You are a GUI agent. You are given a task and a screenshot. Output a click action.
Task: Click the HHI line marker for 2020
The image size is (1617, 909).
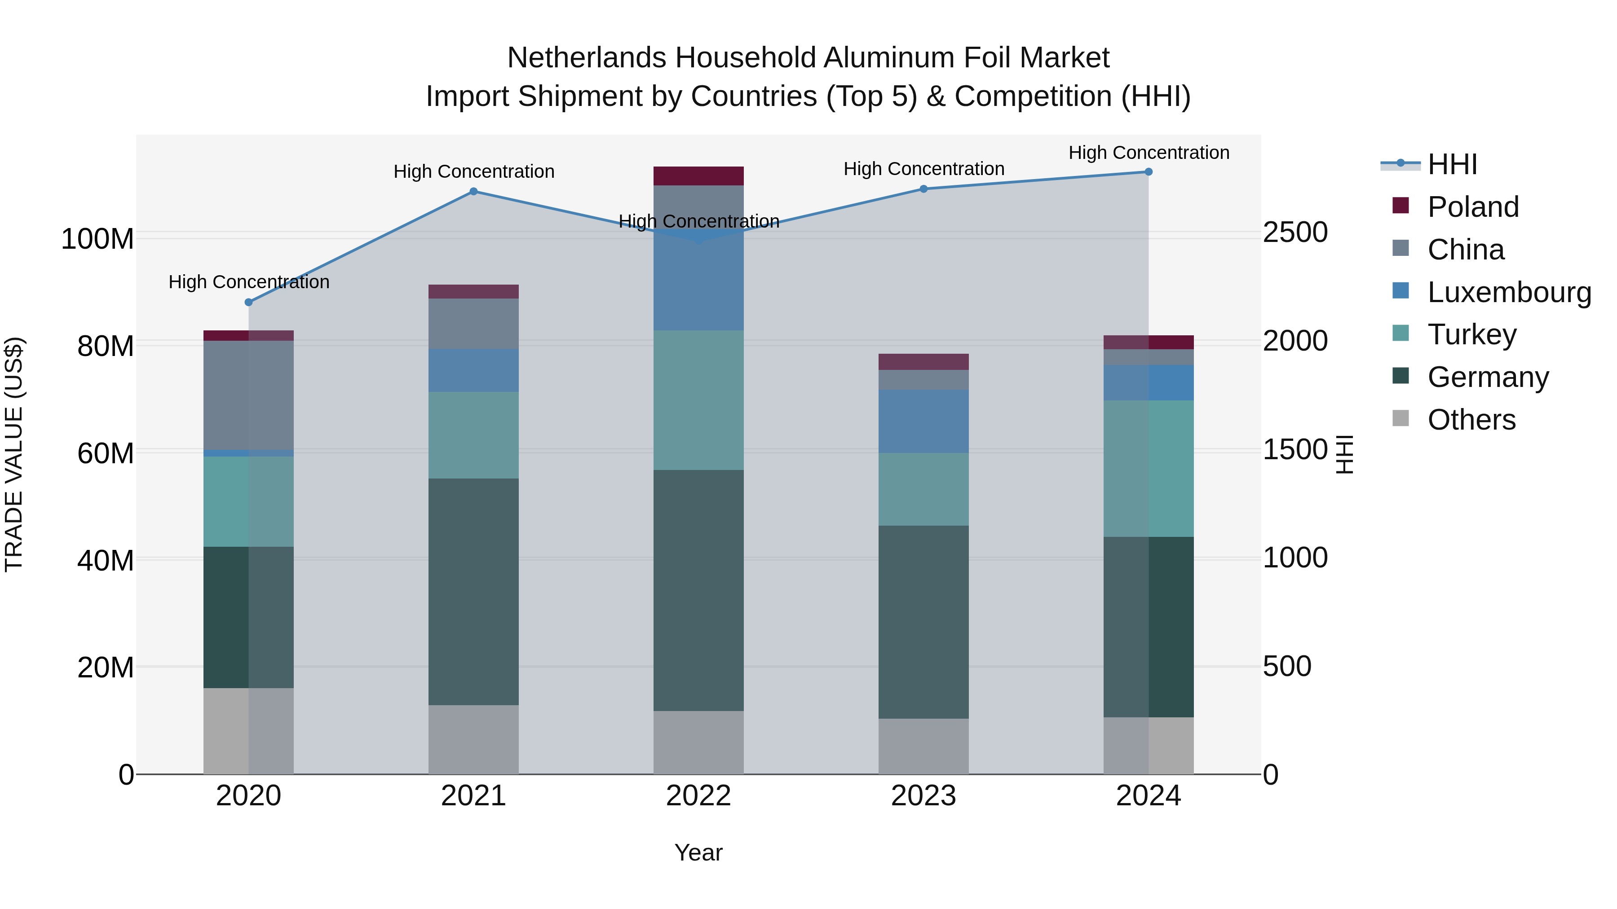point(248,303)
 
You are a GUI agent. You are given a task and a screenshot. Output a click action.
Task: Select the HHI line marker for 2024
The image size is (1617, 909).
point(1148,172)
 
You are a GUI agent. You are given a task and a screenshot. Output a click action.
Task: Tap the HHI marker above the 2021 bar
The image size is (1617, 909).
point(473,191)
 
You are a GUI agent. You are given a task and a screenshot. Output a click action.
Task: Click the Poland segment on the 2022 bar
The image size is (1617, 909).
point(698,176)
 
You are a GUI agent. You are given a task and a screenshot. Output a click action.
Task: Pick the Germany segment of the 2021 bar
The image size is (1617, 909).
point(473,592)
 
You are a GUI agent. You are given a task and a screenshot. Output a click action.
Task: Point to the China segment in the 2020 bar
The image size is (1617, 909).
point(248,395)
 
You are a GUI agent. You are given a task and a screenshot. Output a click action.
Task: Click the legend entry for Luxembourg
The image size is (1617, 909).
point(1509,292)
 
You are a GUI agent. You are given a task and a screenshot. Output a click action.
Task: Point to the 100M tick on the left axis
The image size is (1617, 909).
point(97,239)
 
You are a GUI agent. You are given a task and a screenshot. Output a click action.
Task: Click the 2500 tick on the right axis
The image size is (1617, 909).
point(1295,232)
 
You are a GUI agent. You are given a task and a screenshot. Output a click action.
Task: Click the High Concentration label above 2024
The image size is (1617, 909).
point(1148,153)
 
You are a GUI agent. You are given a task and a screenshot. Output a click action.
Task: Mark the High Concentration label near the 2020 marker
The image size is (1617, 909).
point(248,282)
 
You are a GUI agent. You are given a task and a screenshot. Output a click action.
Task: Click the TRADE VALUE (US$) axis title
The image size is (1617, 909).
point(14,454)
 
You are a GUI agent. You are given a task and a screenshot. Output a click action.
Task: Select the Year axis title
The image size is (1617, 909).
point(698,852)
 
